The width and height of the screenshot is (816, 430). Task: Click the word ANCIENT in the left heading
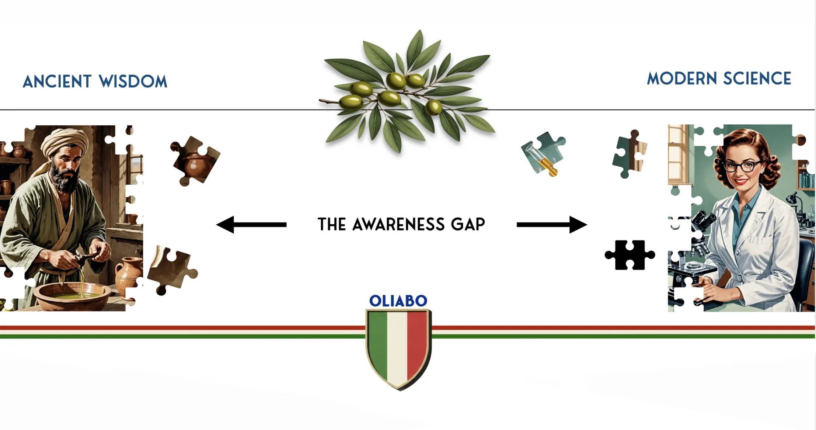tap(57, 82)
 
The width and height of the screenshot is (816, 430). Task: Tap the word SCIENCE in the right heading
tap(757, 79)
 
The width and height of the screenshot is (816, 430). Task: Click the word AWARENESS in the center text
tap(398, 224)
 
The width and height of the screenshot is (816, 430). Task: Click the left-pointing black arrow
tap(251, 225)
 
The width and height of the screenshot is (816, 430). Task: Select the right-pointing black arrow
tap(552, 225)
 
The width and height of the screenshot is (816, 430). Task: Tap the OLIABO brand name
tap(398, 301)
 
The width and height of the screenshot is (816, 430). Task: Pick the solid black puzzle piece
tap(630, 255)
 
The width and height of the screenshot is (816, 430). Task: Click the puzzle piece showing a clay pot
tap(195, 160)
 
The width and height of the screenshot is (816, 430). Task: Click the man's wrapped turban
tap(65, 142)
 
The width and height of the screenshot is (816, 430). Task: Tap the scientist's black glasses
tap(742, 166)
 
